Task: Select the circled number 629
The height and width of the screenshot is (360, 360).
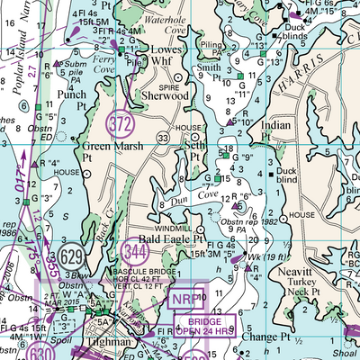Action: pyautogui.click(x=75, y=258)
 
